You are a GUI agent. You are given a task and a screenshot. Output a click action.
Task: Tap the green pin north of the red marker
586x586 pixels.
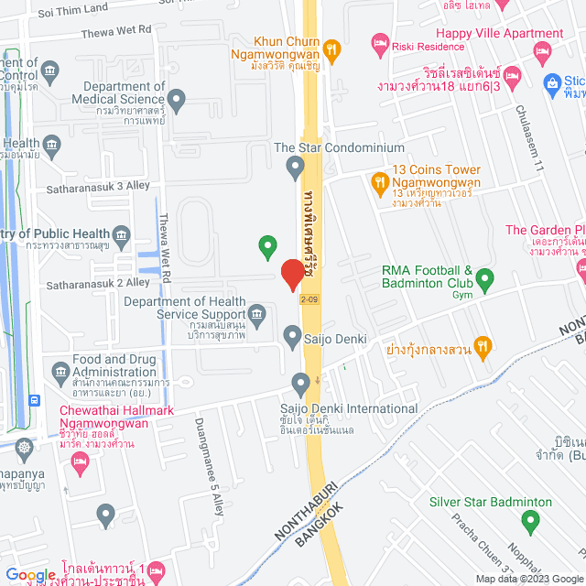click(x=267, y=245)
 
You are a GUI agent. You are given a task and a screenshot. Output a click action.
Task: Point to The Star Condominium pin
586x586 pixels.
click(x=295, y=167)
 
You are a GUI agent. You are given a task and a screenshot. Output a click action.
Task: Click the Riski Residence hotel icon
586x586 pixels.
click(x=379, y=42)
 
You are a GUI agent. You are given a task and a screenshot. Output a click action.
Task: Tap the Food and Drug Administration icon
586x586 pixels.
click(x=60, y=372)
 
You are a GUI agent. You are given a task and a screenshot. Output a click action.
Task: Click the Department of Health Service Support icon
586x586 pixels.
click(x=258, y=318)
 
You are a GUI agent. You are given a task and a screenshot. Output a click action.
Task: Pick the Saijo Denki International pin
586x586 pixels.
click(x=300, y=383)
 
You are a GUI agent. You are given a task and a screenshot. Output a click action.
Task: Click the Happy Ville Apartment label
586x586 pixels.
click(x=499, y=34)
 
